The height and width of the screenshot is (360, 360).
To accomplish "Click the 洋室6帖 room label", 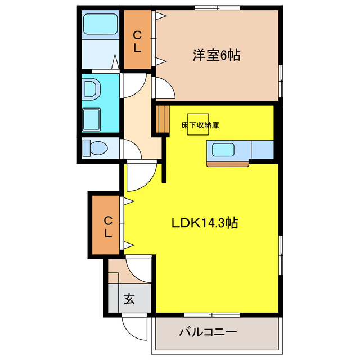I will click(217, 55).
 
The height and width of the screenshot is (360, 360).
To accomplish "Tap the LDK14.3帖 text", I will click(204, 223).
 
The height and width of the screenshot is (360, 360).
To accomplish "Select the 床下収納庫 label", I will click(200, 125).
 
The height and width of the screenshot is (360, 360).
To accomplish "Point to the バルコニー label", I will click(208, 332).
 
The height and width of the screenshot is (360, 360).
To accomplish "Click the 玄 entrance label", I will click(129, 299).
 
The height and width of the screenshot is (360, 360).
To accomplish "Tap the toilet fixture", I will click(94, 148).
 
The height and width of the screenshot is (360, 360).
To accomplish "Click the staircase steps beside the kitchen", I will click(162, 118).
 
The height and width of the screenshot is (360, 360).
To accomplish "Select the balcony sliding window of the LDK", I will click(217, 313).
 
